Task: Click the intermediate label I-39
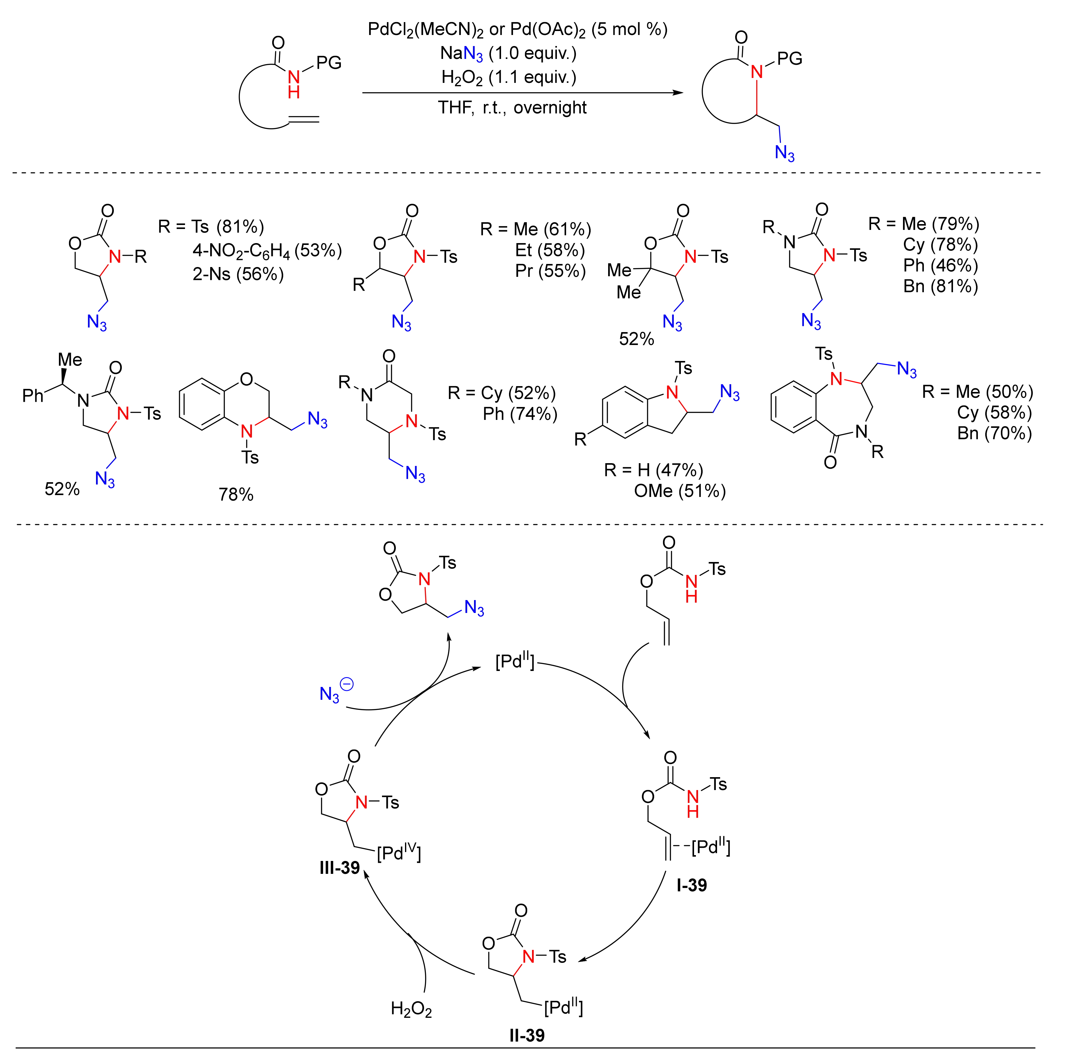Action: tap(691, 885)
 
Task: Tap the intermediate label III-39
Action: tap(340, 867)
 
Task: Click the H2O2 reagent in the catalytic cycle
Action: tap(411, 1009)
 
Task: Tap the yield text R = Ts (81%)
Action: tap(211, 227)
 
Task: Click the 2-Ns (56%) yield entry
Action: tap(238, 274)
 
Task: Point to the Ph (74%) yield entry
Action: tap(520, 413)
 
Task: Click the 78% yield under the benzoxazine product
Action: tap(236, 494)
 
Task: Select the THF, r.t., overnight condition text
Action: tap(512, 107)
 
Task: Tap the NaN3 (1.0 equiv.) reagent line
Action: tap(508, 53)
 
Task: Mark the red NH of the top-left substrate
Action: tap(294, 84)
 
